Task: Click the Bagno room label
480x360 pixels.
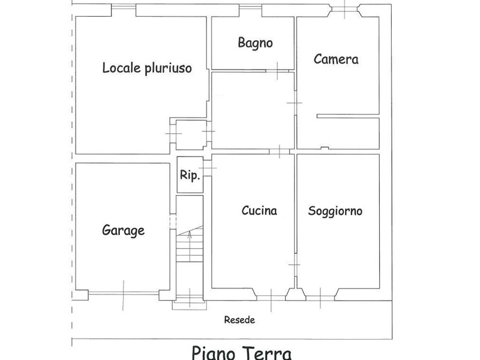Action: tap(255, 43)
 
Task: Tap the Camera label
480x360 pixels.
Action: tap(336, 59)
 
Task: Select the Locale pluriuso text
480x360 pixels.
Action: tap(147, 68)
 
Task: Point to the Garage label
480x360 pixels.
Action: tap(123, 230)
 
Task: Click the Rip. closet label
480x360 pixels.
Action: tap(190, 175)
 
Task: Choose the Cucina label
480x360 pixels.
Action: tap(259, 211)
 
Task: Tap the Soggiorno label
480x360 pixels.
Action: tap(335, 211)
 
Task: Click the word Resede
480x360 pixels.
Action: tap(239, 320)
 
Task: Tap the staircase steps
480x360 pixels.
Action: tap(190, 244)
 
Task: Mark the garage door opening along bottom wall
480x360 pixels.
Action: tap(124, 293)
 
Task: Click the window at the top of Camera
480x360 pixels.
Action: tap(345, 9)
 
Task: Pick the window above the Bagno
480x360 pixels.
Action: tap(250, 6)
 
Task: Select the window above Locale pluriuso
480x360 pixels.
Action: tap(124, 6)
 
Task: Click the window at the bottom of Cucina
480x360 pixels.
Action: tap(271, 297)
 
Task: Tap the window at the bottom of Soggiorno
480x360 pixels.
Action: tap(320, 298)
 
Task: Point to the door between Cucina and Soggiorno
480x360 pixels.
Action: tap(295, 265)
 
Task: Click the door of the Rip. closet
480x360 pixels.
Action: tap(208, 168)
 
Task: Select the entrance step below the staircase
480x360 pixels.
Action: tap(190, 305)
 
